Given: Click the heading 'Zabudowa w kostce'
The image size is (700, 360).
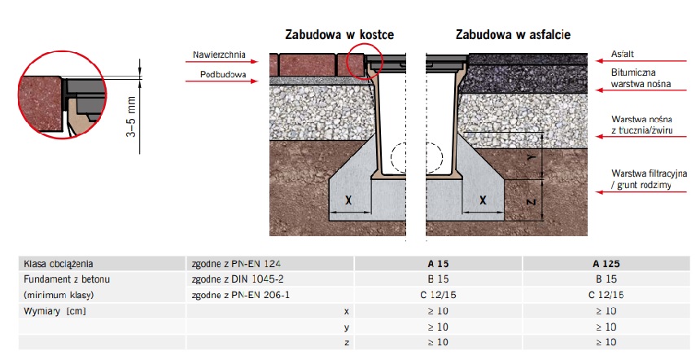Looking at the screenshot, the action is (x=339, y=34).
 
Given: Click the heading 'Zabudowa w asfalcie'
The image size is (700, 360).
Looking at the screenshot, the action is (x=513, y=34).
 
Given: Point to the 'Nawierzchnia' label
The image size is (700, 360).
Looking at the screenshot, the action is (x=219, y=55).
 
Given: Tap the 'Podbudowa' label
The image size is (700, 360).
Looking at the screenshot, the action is (x=223, y=75).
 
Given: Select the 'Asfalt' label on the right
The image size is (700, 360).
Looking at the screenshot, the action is (x=623, y=54).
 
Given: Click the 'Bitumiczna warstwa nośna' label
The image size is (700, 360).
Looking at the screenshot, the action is (x=641, y=78).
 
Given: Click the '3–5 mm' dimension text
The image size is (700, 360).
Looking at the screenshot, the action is (x=131, y=116).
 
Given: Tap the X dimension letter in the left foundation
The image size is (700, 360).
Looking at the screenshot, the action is (x=348, y=200).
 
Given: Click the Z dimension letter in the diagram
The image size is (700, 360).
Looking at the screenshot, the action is (x=532, y=202).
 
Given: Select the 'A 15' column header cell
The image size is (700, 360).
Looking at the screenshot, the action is (x=438, y=264).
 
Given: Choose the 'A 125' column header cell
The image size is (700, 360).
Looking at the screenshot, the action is (x=606, y=264).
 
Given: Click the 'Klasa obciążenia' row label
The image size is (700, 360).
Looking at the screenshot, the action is (x=58, y=264).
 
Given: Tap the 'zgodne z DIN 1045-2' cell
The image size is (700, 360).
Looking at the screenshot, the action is (x=238, y=279).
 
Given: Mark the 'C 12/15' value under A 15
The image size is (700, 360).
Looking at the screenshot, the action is (x=438, y=295).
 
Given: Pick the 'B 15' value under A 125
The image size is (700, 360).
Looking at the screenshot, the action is (x=606, y=279).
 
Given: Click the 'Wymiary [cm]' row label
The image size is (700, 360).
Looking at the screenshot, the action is (x=55, y=311).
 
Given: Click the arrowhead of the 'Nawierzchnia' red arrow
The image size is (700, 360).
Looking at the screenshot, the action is (x=256, y=61).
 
